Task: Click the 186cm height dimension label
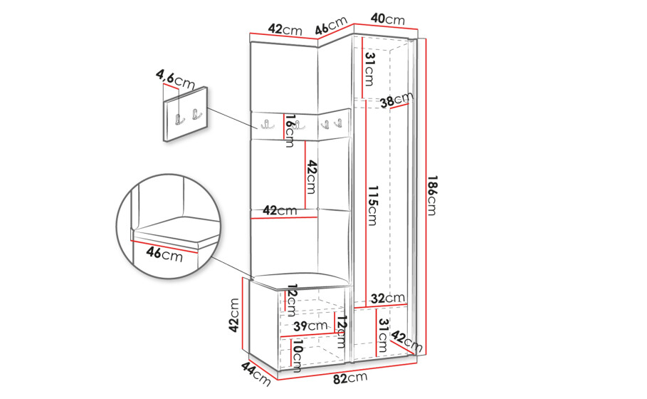(432, 195)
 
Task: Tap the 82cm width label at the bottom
(350, 378)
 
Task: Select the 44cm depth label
(256, 374)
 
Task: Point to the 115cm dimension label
(372, 205)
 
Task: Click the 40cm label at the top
(387, 19)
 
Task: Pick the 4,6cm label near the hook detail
(175, 80)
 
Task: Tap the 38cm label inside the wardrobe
(396, 100)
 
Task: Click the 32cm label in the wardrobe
(387, 299)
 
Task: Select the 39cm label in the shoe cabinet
(310, 326)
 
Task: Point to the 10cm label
(297, 353)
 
